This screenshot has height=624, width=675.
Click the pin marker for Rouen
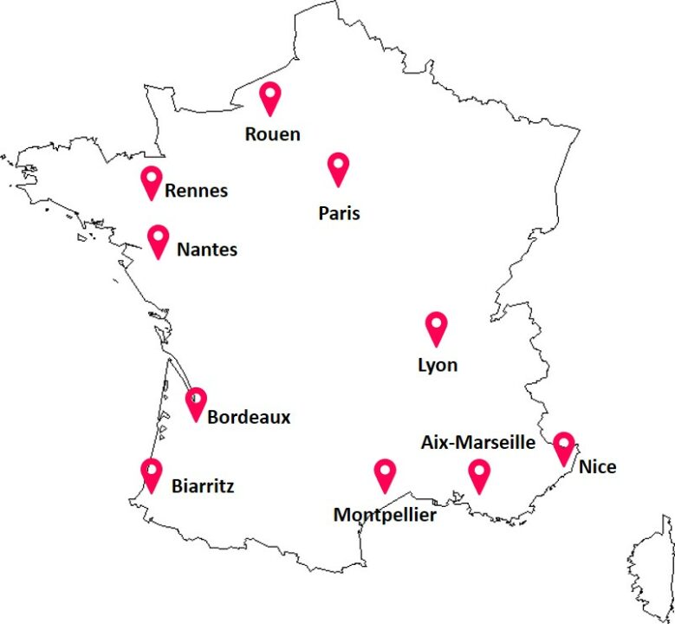[271, 97]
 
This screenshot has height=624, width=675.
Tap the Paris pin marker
[338, 167]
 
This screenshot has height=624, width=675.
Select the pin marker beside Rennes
[152, 182]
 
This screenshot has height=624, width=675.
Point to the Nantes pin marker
[158, 240]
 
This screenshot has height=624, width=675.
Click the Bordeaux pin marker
[196, 403]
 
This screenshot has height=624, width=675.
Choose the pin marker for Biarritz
[152, 474]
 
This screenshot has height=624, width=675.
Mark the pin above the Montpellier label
[385, 475]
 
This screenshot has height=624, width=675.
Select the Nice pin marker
[564, 447]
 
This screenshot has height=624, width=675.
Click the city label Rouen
[272, 134]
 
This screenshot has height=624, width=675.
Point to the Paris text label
[339, 213]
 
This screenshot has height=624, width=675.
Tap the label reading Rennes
[196, 191]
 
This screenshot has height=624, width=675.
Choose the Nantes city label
[206, 250]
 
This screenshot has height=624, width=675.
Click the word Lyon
[438, 366]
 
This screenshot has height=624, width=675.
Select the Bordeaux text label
[249, 418]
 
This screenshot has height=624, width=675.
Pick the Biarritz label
[203, 486]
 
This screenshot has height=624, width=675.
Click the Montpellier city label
[385, 516]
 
